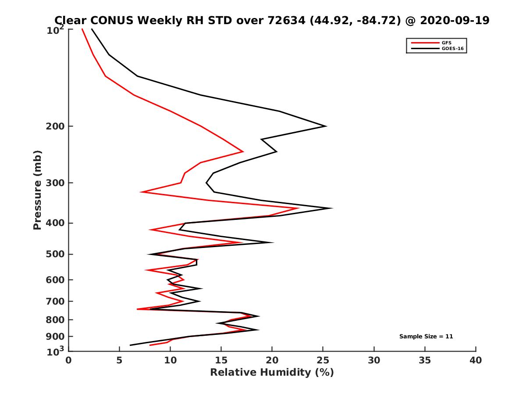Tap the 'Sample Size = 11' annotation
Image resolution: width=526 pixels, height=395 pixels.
pos(426,337)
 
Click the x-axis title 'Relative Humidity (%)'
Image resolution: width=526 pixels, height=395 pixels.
pos(272,373)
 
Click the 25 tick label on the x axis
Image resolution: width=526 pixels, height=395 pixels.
pos(323,361)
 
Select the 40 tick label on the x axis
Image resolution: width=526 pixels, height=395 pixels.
pos(476,361)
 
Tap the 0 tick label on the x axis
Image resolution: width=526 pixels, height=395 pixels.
pos(69,361)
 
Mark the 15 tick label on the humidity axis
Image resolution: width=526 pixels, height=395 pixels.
pos(221,361)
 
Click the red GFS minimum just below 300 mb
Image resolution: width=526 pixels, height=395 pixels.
pos(141,192)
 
